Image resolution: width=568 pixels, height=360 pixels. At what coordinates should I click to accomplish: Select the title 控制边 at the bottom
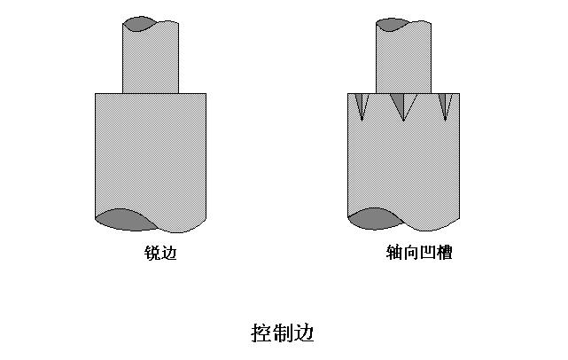click(x=284, y=333)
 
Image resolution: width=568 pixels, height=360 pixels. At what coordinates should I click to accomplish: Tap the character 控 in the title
click(x=262, y=333)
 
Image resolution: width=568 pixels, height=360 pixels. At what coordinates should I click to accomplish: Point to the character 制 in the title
click(x=284, y=333)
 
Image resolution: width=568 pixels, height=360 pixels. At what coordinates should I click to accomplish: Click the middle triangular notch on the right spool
click(x=403, y=104)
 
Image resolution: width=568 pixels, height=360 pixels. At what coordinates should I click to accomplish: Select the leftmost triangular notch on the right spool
click(x=361, y=104)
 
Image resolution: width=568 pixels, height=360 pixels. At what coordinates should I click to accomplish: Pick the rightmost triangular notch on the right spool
click(x=445, y=104)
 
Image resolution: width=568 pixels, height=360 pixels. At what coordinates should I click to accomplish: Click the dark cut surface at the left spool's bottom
click(x=122, y=219)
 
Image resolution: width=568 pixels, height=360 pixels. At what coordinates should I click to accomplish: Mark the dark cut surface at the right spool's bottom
click(x=376, y=219)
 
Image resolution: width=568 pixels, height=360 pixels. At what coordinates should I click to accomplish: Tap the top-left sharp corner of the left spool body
click(x=95, y=94)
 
